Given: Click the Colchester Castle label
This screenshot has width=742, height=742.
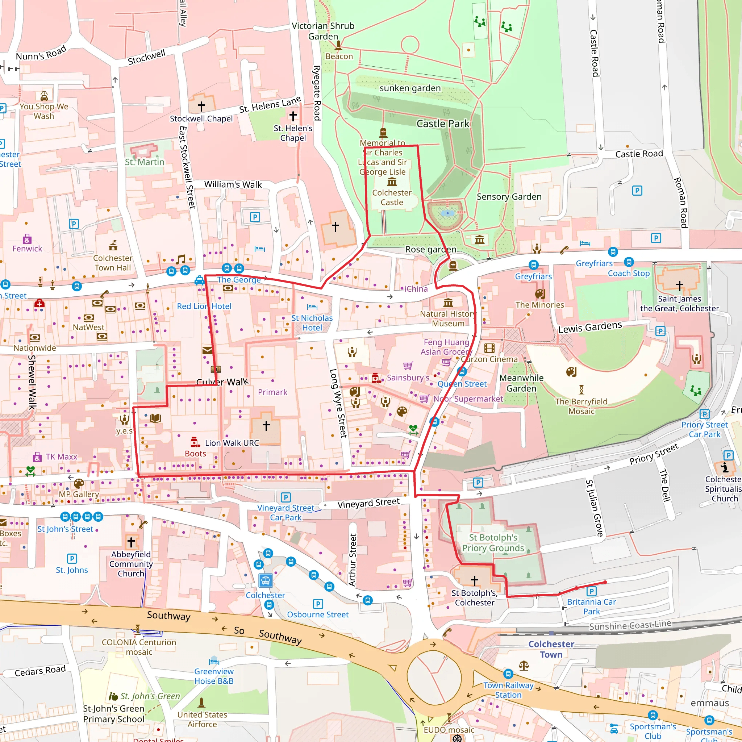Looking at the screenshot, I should (391, 197).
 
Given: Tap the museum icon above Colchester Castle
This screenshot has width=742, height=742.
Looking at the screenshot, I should (392, 181).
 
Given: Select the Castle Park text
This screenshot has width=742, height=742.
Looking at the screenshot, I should (443, 124).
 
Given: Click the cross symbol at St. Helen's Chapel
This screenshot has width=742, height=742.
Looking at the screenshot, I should (293, 116).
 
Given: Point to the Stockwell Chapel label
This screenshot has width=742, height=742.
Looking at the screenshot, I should (201, 119).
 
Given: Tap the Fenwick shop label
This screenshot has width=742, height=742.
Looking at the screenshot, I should (27, 249).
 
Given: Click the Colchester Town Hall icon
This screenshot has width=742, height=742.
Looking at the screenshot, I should (113, 245).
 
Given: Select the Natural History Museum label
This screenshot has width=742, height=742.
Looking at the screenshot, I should (448, 318).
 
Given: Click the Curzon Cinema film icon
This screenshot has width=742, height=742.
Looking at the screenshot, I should (489, 348).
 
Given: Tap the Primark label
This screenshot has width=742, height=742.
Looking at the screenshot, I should (272, 392).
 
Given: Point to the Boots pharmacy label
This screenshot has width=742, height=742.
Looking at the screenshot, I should (195, 454).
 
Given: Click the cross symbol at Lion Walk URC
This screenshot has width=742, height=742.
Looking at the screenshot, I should (266, 426).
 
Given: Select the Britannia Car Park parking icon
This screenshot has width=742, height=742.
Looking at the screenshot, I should (591, 591).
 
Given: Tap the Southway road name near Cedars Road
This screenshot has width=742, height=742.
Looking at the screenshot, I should (168, 616).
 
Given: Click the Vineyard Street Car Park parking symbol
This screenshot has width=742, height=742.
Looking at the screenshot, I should (285, 497).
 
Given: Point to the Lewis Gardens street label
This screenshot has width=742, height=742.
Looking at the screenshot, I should (590, 327).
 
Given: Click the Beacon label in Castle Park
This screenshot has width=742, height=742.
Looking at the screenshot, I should (339, 57).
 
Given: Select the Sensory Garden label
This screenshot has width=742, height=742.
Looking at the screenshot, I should (509, 197).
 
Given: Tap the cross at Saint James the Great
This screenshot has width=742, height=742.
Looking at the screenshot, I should (679, 285).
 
